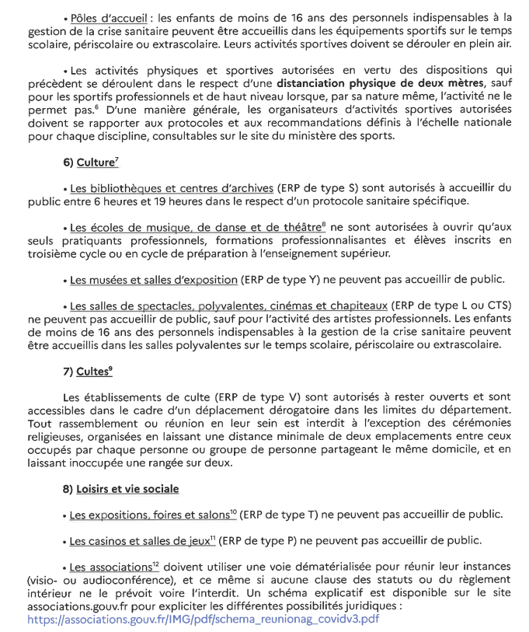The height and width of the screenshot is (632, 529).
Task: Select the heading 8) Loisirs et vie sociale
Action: (127, 488)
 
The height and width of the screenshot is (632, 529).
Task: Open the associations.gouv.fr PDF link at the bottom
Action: (203, 620)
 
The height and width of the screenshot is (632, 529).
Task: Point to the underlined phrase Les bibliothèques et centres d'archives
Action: (171, 188)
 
